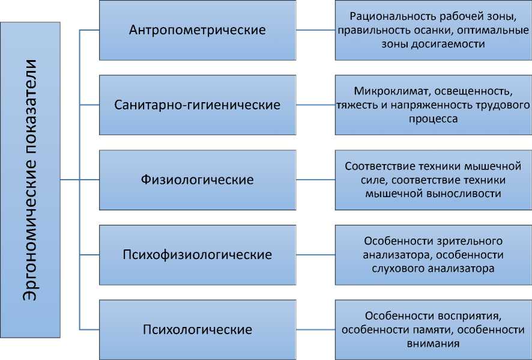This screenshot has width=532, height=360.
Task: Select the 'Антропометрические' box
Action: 198,29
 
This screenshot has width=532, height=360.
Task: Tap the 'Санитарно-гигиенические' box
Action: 198,105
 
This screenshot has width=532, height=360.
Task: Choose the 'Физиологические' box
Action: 198,180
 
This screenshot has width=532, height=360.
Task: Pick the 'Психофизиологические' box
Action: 198,255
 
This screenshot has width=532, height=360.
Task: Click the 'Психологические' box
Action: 198,330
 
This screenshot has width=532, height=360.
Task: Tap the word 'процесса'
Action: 434,119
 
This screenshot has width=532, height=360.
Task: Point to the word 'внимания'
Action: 434,344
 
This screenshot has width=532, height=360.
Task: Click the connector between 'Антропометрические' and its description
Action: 316,29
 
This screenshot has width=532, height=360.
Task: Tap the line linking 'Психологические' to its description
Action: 316,330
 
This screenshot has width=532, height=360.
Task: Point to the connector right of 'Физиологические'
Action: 316,180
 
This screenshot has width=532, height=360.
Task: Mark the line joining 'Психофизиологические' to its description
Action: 316,255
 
